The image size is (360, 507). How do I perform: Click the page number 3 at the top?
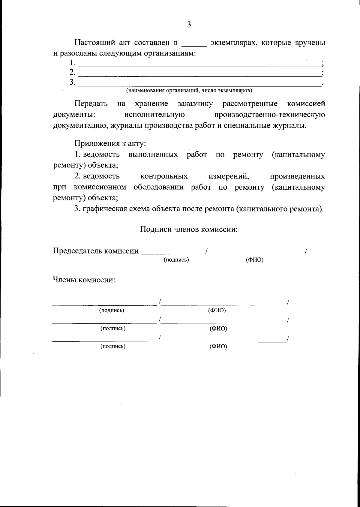189,25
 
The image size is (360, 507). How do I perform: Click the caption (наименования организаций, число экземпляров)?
189,90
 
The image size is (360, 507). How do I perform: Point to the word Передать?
91,104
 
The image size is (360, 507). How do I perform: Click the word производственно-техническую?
270,115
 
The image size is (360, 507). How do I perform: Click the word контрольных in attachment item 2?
164,176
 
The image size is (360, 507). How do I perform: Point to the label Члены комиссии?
84,280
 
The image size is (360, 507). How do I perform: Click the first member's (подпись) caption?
112,310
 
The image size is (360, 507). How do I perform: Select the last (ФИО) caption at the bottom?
218,346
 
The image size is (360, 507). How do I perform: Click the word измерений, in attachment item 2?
229,176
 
